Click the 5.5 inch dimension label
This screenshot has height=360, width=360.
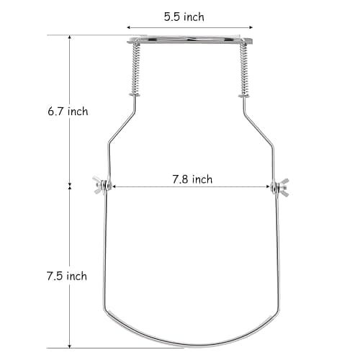tap(184, 17)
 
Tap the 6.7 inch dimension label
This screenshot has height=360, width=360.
tap(68, 112)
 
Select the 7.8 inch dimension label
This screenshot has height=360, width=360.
tap(192, 179)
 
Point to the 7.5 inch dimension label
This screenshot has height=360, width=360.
tap(67, 276)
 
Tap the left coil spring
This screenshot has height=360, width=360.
tap(135, 69)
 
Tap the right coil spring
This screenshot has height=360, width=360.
tap(244, 70)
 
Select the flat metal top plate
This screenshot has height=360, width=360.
tap(189, 40)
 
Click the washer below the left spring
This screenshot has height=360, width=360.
tap(135, 95)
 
